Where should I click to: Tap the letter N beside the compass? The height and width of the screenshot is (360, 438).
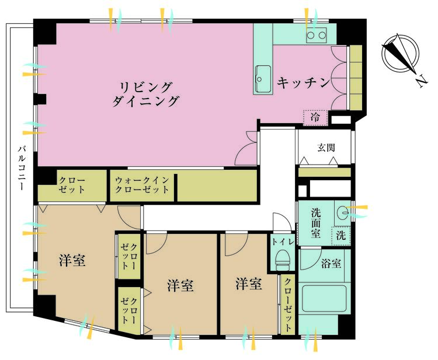(421, 81)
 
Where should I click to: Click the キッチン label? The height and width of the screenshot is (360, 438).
(303, 83)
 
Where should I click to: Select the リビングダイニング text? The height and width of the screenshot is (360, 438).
(145, 94)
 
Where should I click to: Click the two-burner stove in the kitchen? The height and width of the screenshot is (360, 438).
(316, 35)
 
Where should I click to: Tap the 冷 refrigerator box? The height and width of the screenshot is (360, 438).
(315, 117)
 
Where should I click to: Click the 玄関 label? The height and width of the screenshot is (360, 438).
(326, 148)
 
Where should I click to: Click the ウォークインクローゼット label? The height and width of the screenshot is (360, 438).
(142, 185)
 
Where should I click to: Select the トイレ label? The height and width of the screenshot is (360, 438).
(283, 242)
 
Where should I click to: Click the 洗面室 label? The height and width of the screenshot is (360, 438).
(315, 223)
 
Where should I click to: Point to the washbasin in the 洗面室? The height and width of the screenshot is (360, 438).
(342, 214)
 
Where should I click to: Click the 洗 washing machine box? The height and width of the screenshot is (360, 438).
(340, 235)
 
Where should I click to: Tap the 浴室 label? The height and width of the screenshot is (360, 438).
(331, 263)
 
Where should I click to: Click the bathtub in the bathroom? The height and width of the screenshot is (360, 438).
(325, 298)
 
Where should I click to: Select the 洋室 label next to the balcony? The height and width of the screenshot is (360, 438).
(72, 260)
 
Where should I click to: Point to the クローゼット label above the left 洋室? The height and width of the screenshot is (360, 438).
(72, 185)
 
